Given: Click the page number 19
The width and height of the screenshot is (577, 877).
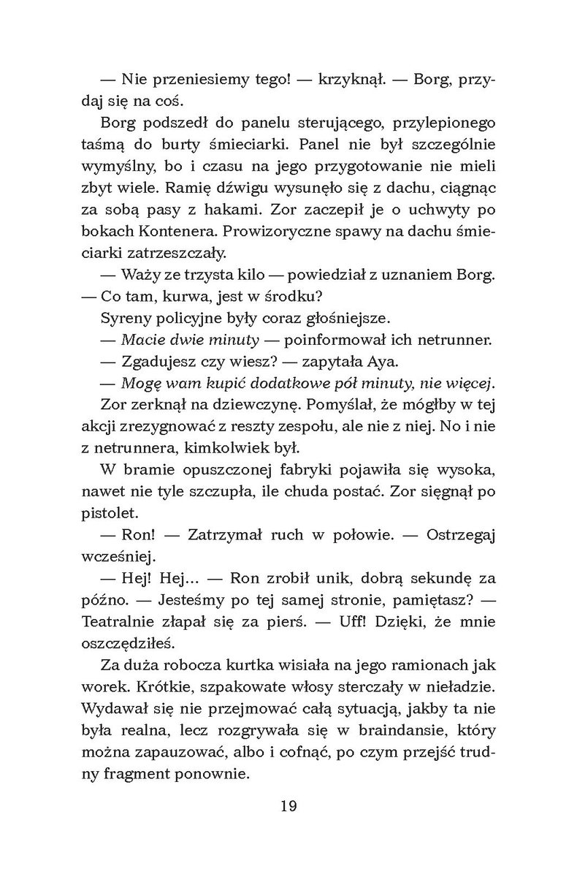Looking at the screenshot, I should click(288, 827).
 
